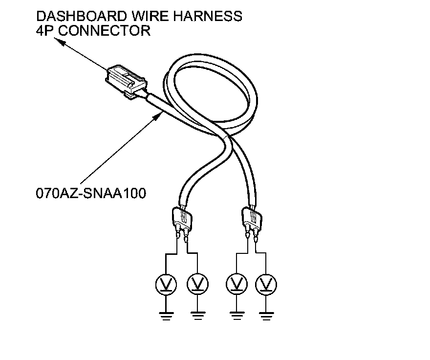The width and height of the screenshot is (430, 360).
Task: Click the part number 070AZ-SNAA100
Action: tap(91, 193)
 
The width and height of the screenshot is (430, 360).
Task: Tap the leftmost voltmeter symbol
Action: tap(167, 283)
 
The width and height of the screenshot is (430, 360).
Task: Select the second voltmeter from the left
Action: tap(197, 283)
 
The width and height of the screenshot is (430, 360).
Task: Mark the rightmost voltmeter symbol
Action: tap(266, 283)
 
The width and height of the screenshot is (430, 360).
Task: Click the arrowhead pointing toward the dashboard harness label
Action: tap(62, 43)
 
